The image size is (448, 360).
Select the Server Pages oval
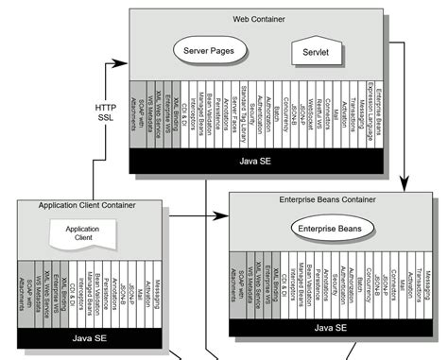point(210,48)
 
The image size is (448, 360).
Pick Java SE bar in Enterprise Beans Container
point(331,327)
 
